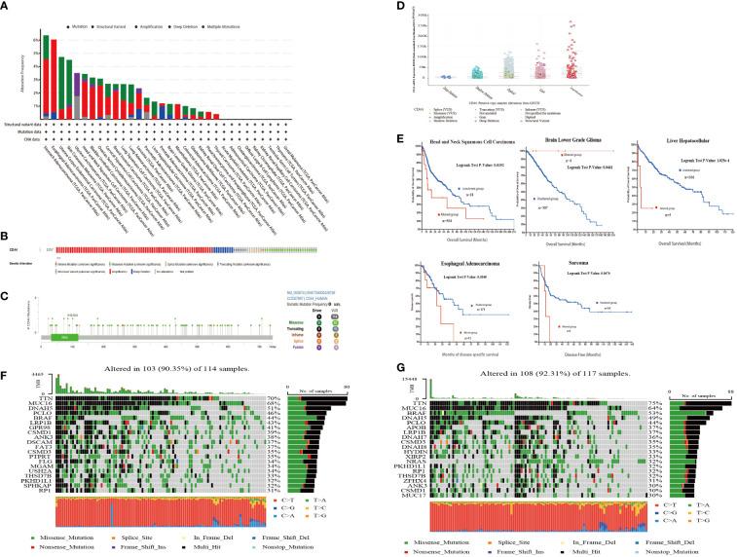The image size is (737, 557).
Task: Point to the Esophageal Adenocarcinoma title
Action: (438, 256)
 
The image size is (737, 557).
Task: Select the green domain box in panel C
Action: (63, 336)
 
